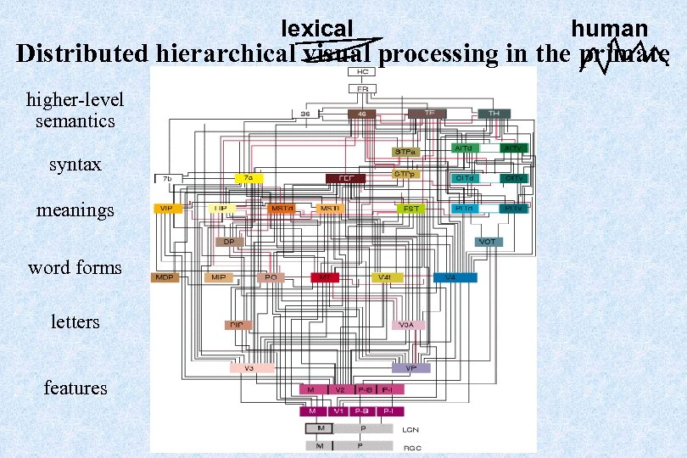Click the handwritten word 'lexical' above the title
(316, 30)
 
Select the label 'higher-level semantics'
(75, 110)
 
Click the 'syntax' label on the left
(75, 164)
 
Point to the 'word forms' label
(75, 268)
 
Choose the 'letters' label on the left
(75, 322)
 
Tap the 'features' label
(75, 388)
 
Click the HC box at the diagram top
(362, 73)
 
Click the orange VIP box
(164, 208)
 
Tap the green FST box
(411, 208)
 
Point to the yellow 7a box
(249, 178)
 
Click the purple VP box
(411, 368)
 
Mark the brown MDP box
(164, 277)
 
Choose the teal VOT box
(488, 242)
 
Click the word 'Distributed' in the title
(84, 54)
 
